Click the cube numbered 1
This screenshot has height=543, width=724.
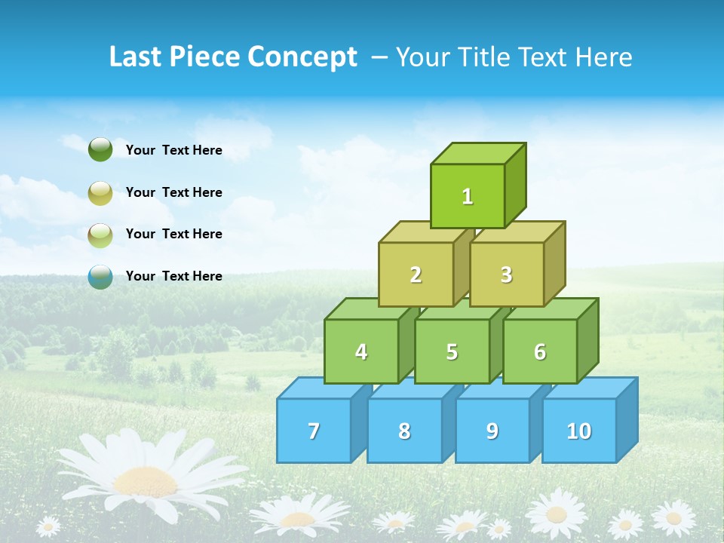(x=468, y=196)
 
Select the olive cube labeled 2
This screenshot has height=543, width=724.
(x=416, y=275)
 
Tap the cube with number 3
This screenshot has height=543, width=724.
(x=506, y=275)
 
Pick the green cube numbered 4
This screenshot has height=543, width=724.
(x=361, y=351)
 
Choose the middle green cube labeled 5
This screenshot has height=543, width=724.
(x=452, y=351)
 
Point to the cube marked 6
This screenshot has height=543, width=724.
(x=540, y=351)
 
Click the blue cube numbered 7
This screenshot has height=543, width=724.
(x=314, y=431)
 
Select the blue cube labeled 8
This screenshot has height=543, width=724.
(x=404, y=431)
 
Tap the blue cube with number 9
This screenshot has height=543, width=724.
(x=492, y=431)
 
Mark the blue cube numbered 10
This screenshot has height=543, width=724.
(x=578, y=431)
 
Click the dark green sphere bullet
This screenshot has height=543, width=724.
(x=100, y=150)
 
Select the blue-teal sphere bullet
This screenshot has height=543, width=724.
(x=100, y=276)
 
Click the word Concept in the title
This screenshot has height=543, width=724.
(x=302, y=57)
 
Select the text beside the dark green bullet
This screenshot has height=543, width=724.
(x=174, y=150)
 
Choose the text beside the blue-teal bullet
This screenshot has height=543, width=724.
(x=174, y=276)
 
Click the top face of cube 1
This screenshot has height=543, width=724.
(x=477, y=153)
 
